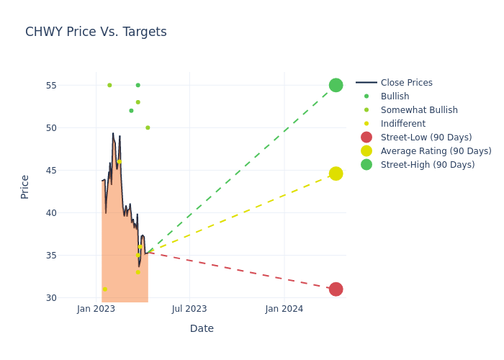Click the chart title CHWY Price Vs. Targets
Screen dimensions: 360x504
pos(96,32)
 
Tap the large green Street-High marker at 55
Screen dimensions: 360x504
pos(336,85)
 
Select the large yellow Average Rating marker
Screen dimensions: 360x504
pos(336,174)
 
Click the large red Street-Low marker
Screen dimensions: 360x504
pos(336,289)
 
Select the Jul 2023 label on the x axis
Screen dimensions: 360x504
pos(189,309)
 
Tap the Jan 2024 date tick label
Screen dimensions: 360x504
pos(284,309)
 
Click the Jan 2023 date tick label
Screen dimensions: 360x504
pos(96,309)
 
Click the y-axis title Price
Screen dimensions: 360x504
pos(25,186)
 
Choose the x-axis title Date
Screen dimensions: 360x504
pos(202,329)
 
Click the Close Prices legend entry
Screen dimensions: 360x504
pos(406,83)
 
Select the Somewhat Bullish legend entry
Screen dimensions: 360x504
pos(419,110)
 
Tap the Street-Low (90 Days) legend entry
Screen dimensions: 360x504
pos(426,138)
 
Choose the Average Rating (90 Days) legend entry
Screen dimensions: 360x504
pos(436,151)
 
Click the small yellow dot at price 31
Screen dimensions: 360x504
pos(104,289)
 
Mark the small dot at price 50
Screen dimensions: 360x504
pos(148,128)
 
